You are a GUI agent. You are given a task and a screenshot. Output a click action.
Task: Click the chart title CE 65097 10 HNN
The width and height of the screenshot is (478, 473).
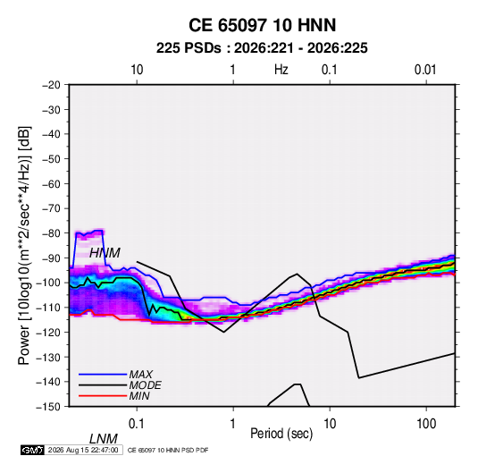(x=262, y=25)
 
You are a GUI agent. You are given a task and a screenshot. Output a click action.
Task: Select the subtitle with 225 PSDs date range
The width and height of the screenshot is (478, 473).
(x=262, y=48)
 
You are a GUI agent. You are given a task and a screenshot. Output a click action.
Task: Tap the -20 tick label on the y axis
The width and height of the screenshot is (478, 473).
(x=52, y=85)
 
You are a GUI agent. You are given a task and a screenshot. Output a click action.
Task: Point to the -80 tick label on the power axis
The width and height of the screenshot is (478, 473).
(x=52, y=233)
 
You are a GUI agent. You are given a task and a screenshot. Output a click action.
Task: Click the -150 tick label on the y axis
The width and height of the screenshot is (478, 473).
(x=49, y=407)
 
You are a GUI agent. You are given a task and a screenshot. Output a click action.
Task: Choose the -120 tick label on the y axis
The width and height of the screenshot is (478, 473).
(x=49, y=332)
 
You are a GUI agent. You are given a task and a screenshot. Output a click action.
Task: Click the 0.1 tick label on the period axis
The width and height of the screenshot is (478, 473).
(x=137, y=424)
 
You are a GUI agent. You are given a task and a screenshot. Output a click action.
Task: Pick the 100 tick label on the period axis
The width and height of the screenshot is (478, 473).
(x=426, y=424)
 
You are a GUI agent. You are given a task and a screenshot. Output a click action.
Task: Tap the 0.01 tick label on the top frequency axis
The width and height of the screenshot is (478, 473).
(x=425, y=70)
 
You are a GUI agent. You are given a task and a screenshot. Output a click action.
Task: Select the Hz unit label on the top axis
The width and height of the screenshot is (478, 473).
(x=281, y=70)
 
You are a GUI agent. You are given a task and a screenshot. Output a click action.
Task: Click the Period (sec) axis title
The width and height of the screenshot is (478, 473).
(x=281, y=434)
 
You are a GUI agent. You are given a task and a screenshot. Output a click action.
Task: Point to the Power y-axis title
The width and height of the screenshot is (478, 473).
(x=24, y=246)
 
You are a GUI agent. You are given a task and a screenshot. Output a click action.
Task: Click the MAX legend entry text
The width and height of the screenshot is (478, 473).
(x=140, y=375)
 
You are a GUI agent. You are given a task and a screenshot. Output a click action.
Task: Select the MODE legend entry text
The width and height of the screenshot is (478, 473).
(x=145, y=385)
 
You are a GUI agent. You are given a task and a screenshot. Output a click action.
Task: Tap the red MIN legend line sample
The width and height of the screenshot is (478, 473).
(x=103, y=396)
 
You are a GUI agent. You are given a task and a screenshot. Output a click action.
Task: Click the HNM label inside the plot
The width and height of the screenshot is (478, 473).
(x=105, y=253)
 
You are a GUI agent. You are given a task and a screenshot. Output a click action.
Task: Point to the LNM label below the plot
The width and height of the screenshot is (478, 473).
(x=104, y=439)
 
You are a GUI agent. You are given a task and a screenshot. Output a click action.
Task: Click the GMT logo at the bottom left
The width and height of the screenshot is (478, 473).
(x=32, y=450)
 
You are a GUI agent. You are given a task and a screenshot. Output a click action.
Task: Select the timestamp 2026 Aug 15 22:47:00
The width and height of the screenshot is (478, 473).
(x=83, y=450)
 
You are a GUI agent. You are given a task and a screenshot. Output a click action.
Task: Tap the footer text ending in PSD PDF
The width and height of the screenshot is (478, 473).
(x=168, y=450)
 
